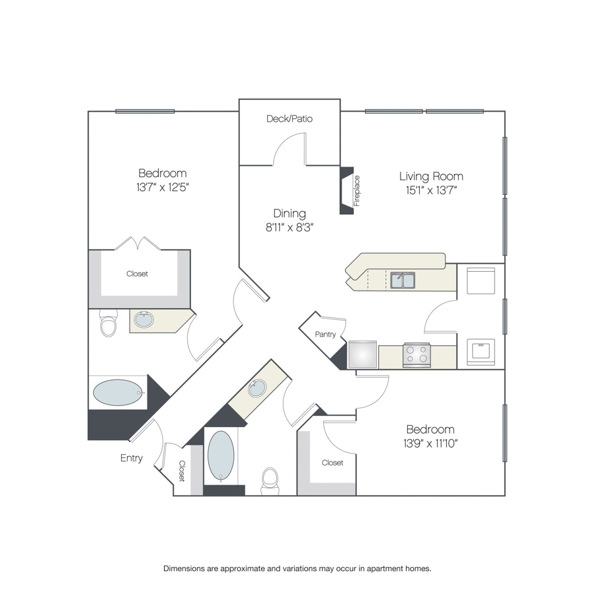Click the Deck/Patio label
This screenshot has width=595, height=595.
289,119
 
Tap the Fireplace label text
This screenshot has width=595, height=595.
357,191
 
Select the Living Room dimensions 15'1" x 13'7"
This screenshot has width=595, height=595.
431,190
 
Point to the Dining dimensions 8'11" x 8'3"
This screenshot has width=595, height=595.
290,227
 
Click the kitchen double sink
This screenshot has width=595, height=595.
403,280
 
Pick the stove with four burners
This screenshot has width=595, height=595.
416,355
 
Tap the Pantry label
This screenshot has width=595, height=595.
325,335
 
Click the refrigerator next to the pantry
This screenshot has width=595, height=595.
362,354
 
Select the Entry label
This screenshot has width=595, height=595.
132,458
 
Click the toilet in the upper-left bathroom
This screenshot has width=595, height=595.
108,323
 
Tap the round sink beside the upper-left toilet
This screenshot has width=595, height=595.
144,320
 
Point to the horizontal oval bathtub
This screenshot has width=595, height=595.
118,392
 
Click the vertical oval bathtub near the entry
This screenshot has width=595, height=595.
221,456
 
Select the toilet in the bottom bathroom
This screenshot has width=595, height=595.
270,481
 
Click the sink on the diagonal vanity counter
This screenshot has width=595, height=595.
257,388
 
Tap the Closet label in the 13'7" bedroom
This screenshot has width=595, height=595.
137,274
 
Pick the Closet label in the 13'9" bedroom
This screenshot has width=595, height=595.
333,463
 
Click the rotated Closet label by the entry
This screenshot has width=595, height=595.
182,471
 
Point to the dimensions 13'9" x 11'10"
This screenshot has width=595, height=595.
430,443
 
